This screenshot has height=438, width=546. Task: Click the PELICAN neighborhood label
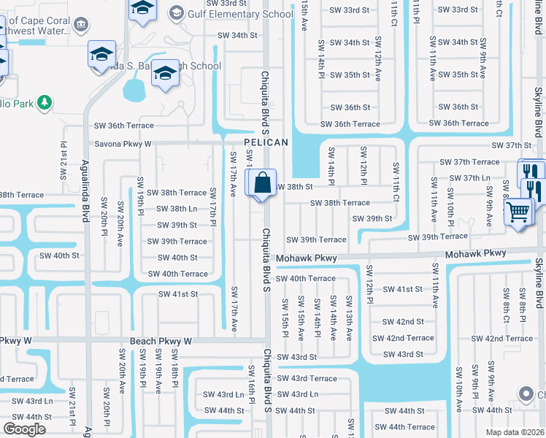[266, 142]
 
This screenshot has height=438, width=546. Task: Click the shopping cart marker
[518, 212]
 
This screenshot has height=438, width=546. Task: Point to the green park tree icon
[45, 102]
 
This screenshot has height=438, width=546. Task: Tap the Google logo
[24, 429]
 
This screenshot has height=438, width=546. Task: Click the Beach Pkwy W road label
[161, 341]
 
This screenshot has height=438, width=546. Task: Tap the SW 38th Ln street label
[173, 209]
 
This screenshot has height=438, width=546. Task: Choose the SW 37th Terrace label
[469, 162]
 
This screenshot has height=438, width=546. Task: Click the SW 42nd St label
[403, 321]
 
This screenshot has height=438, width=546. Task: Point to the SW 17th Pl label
[214, 205]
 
